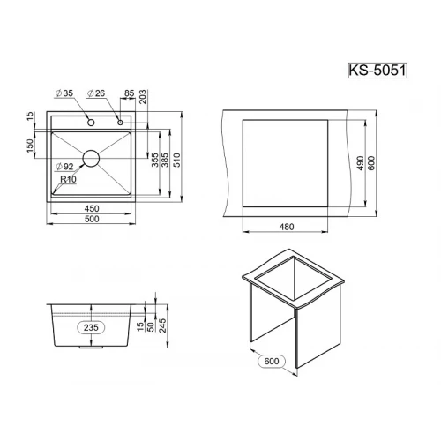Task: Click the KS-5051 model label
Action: point(377,71)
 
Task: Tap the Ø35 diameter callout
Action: point(64,93)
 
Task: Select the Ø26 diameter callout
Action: point(96,93)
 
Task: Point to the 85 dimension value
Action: point(129,93)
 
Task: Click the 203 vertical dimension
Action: point(143,97)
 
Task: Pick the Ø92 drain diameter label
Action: point(64,167)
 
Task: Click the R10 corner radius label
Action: point(68,179)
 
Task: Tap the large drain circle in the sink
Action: point(91,159)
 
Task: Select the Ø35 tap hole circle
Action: point(91,123)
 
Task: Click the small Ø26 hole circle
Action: point(120,123)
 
